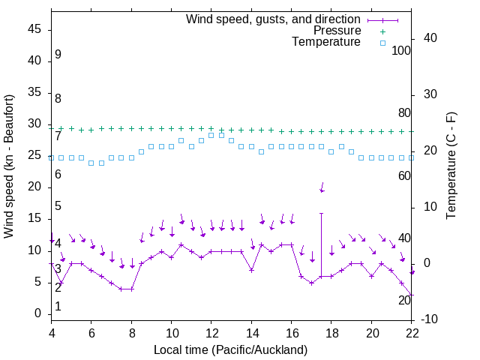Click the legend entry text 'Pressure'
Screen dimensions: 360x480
coord(337,31)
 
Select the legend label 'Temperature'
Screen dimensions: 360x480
coord(326,42)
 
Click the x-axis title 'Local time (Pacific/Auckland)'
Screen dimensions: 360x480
coord(231,350)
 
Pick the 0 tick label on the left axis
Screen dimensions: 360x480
coord(38,313)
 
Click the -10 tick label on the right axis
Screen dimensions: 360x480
coord(430,320)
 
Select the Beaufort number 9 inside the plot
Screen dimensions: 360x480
coord(58,55)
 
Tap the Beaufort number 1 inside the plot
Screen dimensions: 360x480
coord(58,307)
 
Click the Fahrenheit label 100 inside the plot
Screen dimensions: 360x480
coord(401,51)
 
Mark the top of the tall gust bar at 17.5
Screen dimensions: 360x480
coord(322,213)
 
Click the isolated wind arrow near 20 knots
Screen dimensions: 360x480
coord(322,187)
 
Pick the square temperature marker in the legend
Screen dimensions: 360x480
coord(382,43)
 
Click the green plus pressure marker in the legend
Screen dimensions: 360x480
coord(382,31)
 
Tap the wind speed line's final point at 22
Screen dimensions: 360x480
coord(412,295)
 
